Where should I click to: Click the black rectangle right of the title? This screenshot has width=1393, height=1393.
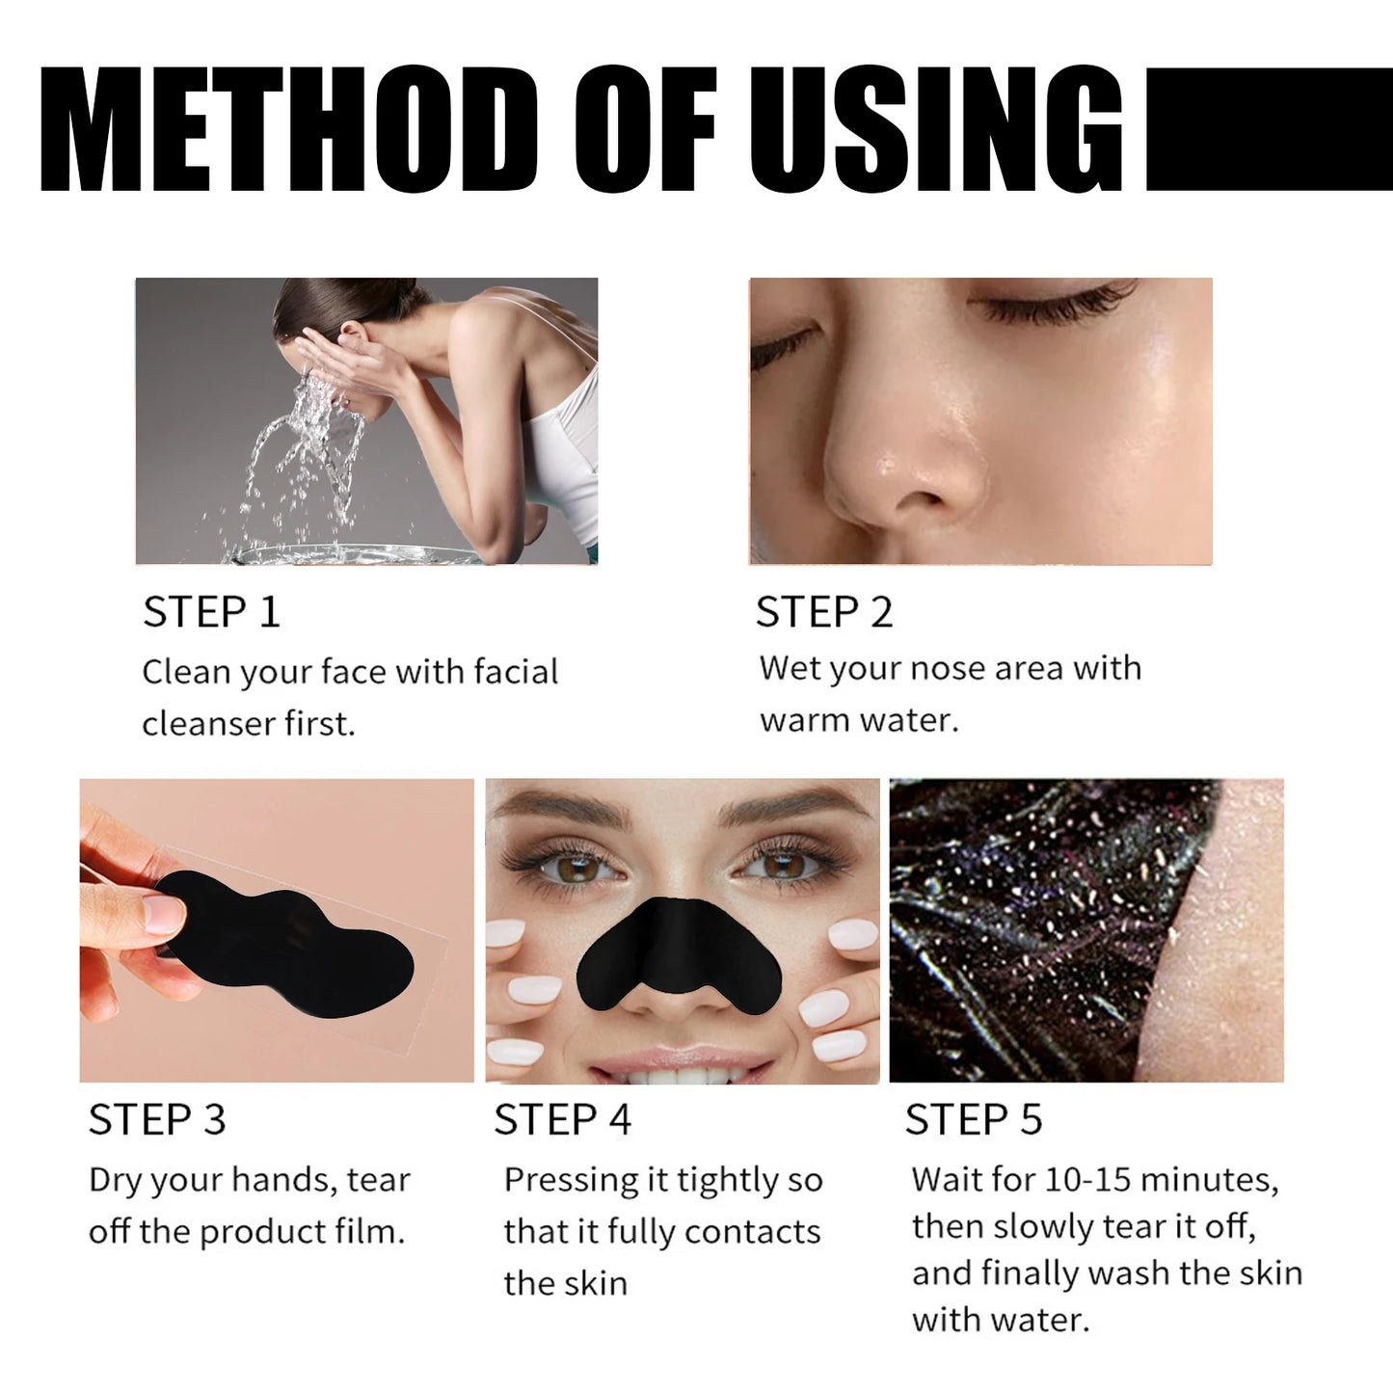[x=1268, y=128]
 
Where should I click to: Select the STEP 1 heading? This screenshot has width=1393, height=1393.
[x=211, y=613]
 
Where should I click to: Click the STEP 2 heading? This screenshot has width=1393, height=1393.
[x=824, y=613]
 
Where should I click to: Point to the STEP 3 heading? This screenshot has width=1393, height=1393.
[x=157, y=1120]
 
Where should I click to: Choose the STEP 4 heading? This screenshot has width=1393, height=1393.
[x=562, y=1120]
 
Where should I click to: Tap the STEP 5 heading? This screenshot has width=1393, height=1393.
[x=974, y=1120]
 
